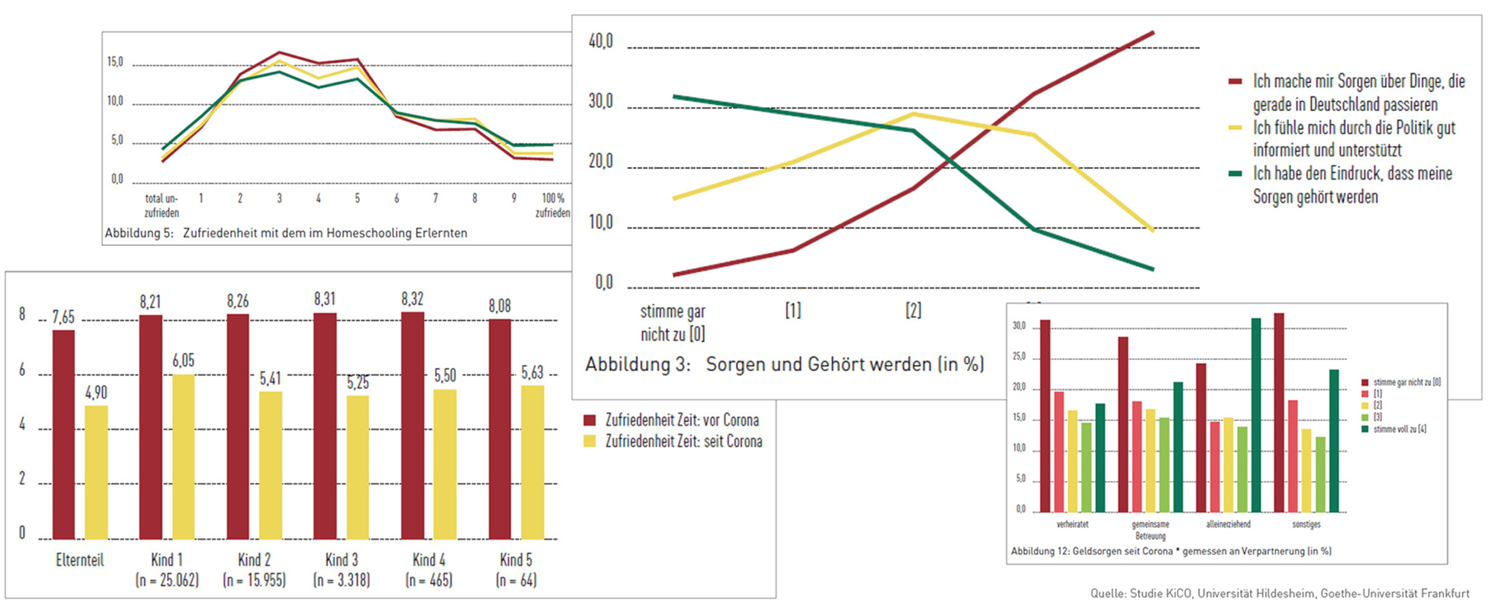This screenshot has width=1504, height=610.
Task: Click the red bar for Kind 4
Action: (413, 426)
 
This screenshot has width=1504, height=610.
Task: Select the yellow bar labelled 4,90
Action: (96, 473)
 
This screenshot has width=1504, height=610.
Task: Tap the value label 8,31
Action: (325, 299)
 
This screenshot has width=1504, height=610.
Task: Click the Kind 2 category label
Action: (255, 560)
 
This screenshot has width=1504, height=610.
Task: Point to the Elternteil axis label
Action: (80, 560)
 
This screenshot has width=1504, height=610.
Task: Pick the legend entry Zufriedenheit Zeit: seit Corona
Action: (683, 441)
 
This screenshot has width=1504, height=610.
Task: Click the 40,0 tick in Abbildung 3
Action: (601, 42)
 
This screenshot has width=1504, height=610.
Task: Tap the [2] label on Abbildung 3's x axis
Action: (913, 311)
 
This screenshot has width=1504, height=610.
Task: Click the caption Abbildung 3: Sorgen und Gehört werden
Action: (784, 364)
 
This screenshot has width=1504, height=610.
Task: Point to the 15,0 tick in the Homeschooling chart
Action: (115, 62)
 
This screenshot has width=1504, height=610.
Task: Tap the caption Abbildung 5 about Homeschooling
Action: (286, 233)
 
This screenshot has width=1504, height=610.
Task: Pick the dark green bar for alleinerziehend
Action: (1256, 415)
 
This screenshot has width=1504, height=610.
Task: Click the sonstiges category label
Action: (1306, 524)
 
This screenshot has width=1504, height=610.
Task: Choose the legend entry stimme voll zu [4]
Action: (1400, 429)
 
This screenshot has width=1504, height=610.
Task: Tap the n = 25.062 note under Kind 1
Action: (167, 580)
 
